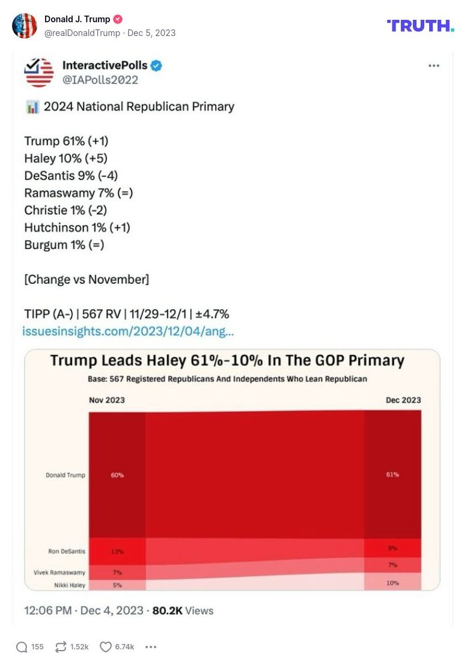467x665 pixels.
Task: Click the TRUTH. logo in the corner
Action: (x=420, y=25)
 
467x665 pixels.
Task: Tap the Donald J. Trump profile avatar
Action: (x=25, y=26)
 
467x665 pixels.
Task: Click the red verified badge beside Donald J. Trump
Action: (x=118, y=19)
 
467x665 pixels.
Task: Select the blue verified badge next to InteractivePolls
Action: (x=156, y=65)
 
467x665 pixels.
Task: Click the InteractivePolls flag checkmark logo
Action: (x=39, y=72)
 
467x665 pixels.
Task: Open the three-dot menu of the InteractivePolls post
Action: (x=433, y=66)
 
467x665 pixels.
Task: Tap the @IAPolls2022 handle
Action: (x=100, y=80)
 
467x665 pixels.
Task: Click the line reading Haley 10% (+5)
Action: (x=66, y=158)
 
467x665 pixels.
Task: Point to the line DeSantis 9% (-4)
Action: (x=71, y=176)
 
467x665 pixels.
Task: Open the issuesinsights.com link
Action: (x=128, y=331)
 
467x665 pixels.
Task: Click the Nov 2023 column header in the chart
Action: (x=107, y=400)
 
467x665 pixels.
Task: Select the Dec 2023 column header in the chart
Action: (x=403, y=400)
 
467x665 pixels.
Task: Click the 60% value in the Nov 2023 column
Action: (x=117, y=475)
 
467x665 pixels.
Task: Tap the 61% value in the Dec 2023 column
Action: (x=392, y=474)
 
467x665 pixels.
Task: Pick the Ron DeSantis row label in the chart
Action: (x=66, y=551)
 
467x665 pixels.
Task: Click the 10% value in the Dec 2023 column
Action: (x=392, y=583)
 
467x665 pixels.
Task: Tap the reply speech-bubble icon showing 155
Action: (x=22, y=646)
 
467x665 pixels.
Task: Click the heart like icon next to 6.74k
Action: (x=106, y=646)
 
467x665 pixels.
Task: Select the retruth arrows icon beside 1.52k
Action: (x=61, y=646)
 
